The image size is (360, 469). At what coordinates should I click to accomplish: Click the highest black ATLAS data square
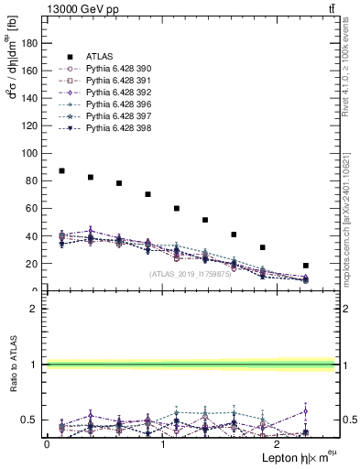[61, 170]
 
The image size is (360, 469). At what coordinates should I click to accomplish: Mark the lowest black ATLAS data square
[306, 266]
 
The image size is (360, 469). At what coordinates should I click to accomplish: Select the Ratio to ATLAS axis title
[14, 365]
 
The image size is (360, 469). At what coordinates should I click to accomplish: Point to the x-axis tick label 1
[162, 444]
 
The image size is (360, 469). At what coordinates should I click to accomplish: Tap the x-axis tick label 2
[278, 444]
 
